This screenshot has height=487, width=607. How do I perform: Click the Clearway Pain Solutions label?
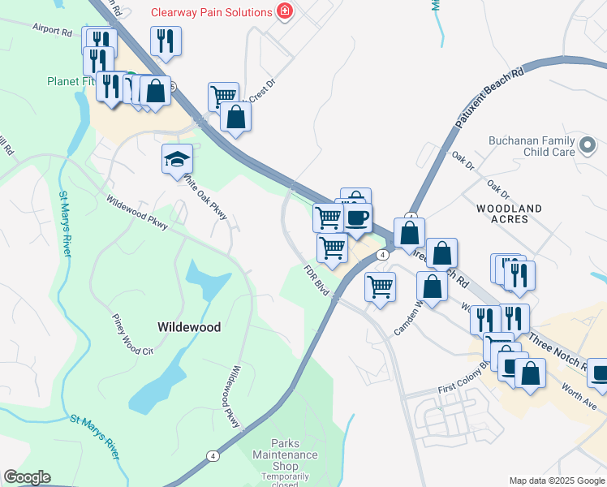(x=211, y=12)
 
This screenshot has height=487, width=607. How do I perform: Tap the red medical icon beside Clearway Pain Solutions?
(x=284, y=11)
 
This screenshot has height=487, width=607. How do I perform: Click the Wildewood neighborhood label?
(x=188, y=326)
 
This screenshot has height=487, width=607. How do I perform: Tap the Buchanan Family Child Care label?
(x=532, y=145)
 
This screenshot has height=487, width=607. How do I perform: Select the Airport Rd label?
(x=52, y=30)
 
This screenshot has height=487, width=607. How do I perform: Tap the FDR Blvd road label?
(x=315, y=279)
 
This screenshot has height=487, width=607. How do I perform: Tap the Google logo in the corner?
(x=27, y=477)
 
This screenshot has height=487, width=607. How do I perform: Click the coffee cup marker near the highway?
(x=357, y=217)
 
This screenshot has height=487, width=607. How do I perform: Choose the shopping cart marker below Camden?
(x=381, y=287)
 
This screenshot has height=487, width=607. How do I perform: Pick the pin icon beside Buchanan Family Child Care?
(x=588, y=146)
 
